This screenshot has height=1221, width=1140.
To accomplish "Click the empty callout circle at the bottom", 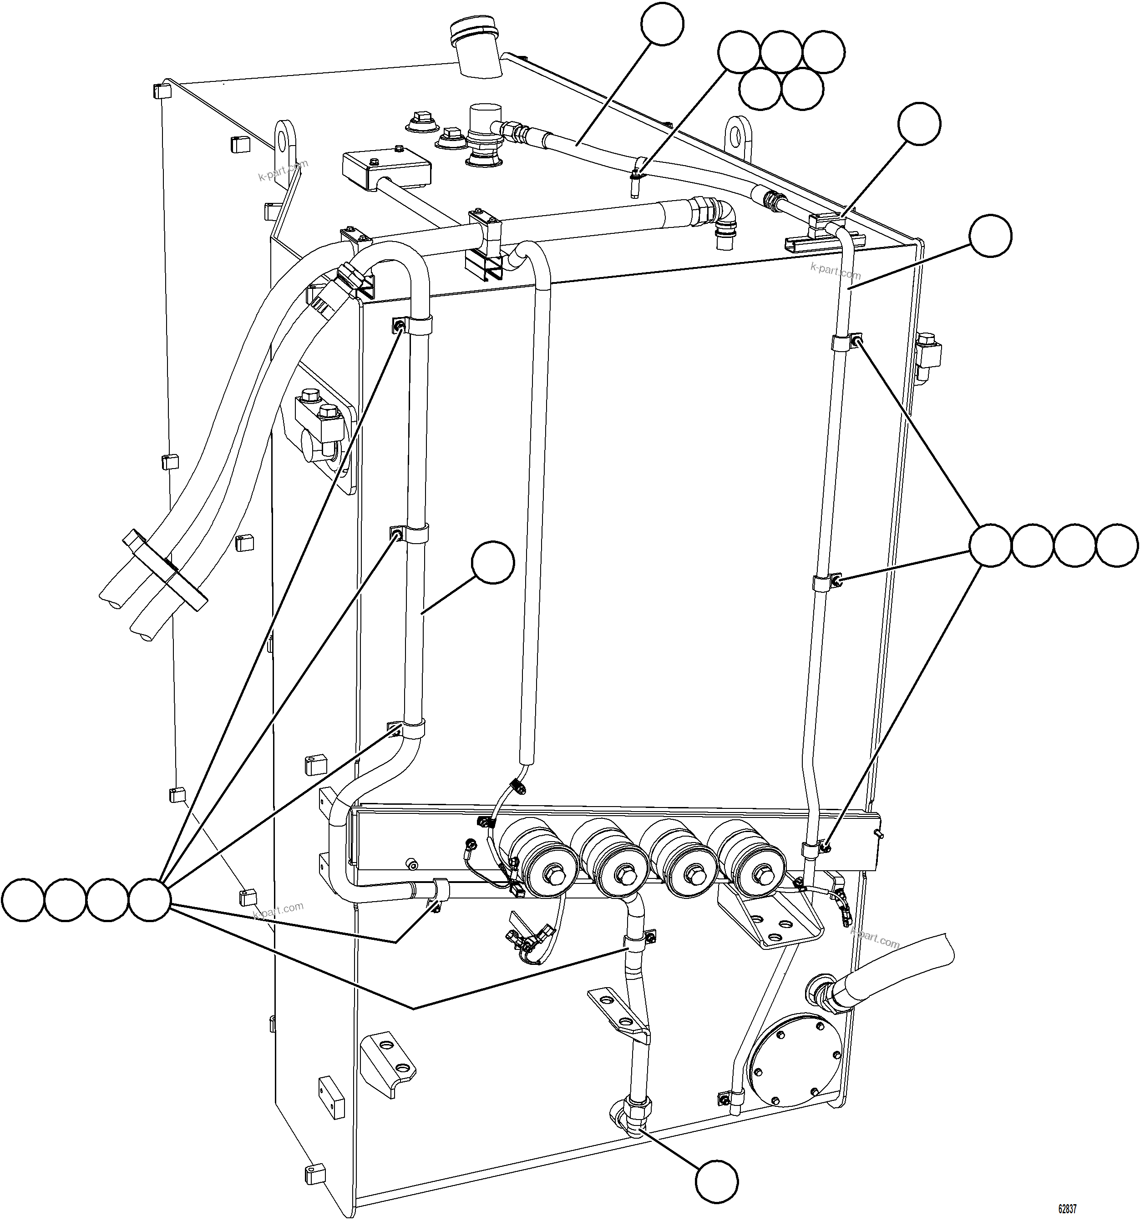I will tap(717, 1180).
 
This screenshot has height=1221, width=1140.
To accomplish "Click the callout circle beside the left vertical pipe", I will tap(492, 562).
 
